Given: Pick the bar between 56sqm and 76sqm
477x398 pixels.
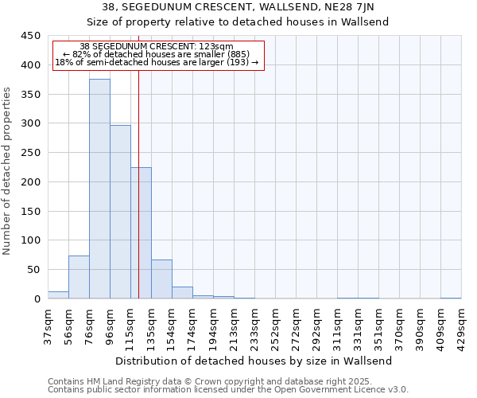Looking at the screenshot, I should pos(79,277).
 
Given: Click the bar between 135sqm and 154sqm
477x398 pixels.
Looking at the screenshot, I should pos(161,279).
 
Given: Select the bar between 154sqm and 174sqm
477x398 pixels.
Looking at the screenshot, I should pos(182,293).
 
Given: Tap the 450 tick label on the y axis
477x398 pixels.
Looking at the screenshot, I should pos(30,36).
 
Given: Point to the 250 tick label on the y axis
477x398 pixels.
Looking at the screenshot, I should pos(30,153).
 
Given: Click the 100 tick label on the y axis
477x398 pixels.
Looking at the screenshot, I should pos(30,240).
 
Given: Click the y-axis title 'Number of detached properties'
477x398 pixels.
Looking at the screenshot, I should pos(7,171).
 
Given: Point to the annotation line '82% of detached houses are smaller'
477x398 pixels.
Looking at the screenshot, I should pos(157,54).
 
